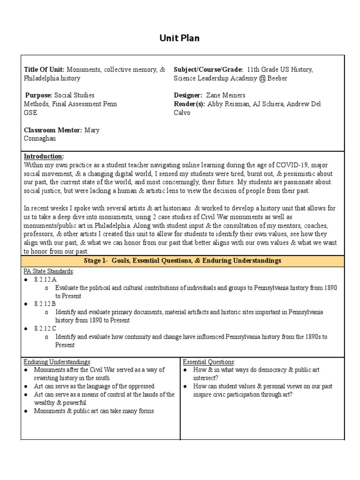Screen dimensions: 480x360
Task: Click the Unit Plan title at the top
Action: click(180, 38)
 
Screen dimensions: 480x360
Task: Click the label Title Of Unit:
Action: click(44, 69)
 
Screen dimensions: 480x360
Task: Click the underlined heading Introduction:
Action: click(44, 156)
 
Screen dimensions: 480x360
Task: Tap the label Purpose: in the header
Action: click(39, 95)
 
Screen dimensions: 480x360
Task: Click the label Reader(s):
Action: click(189, 104)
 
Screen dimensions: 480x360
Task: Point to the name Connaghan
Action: click(41, 139)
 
